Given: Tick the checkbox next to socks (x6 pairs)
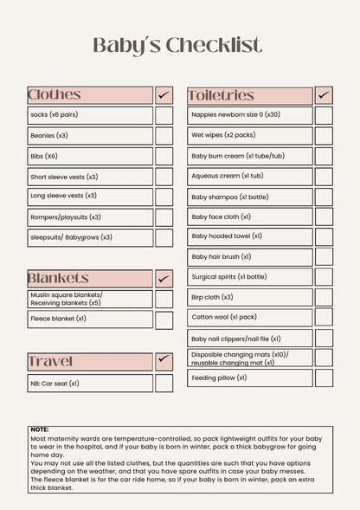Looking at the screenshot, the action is [164, 115].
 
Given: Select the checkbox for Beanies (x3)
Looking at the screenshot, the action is [164, 136].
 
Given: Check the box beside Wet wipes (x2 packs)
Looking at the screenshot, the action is [324, 136].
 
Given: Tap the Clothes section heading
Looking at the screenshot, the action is [55, 95].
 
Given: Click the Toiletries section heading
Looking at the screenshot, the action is [221, 95].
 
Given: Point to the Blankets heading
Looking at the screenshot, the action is [58, 278].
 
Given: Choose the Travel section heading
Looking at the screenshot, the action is [50, 361].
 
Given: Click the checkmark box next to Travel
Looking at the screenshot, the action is [164, 361].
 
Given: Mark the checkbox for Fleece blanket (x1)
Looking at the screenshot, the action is [164, 320].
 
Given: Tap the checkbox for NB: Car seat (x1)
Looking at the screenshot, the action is [164, 383].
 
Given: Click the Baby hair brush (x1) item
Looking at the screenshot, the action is [222, 257].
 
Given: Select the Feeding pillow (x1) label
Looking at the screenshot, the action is [222, 378].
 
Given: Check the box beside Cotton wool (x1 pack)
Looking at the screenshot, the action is [324, 318].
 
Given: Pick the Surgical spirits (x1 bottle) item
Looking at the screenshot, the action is [229, 277].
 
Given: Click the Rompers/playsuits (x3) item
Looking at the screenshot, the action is [66, 217].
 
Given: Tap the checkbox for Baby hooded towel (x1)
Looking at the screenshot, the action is [324, 236].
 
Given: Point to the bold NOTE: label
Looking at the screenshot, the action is [40, 429].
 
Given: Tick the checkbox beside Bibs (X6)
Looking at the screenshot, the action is [164, 157].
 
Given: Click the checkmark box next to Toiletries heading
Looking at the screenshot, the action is [324, 95].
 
